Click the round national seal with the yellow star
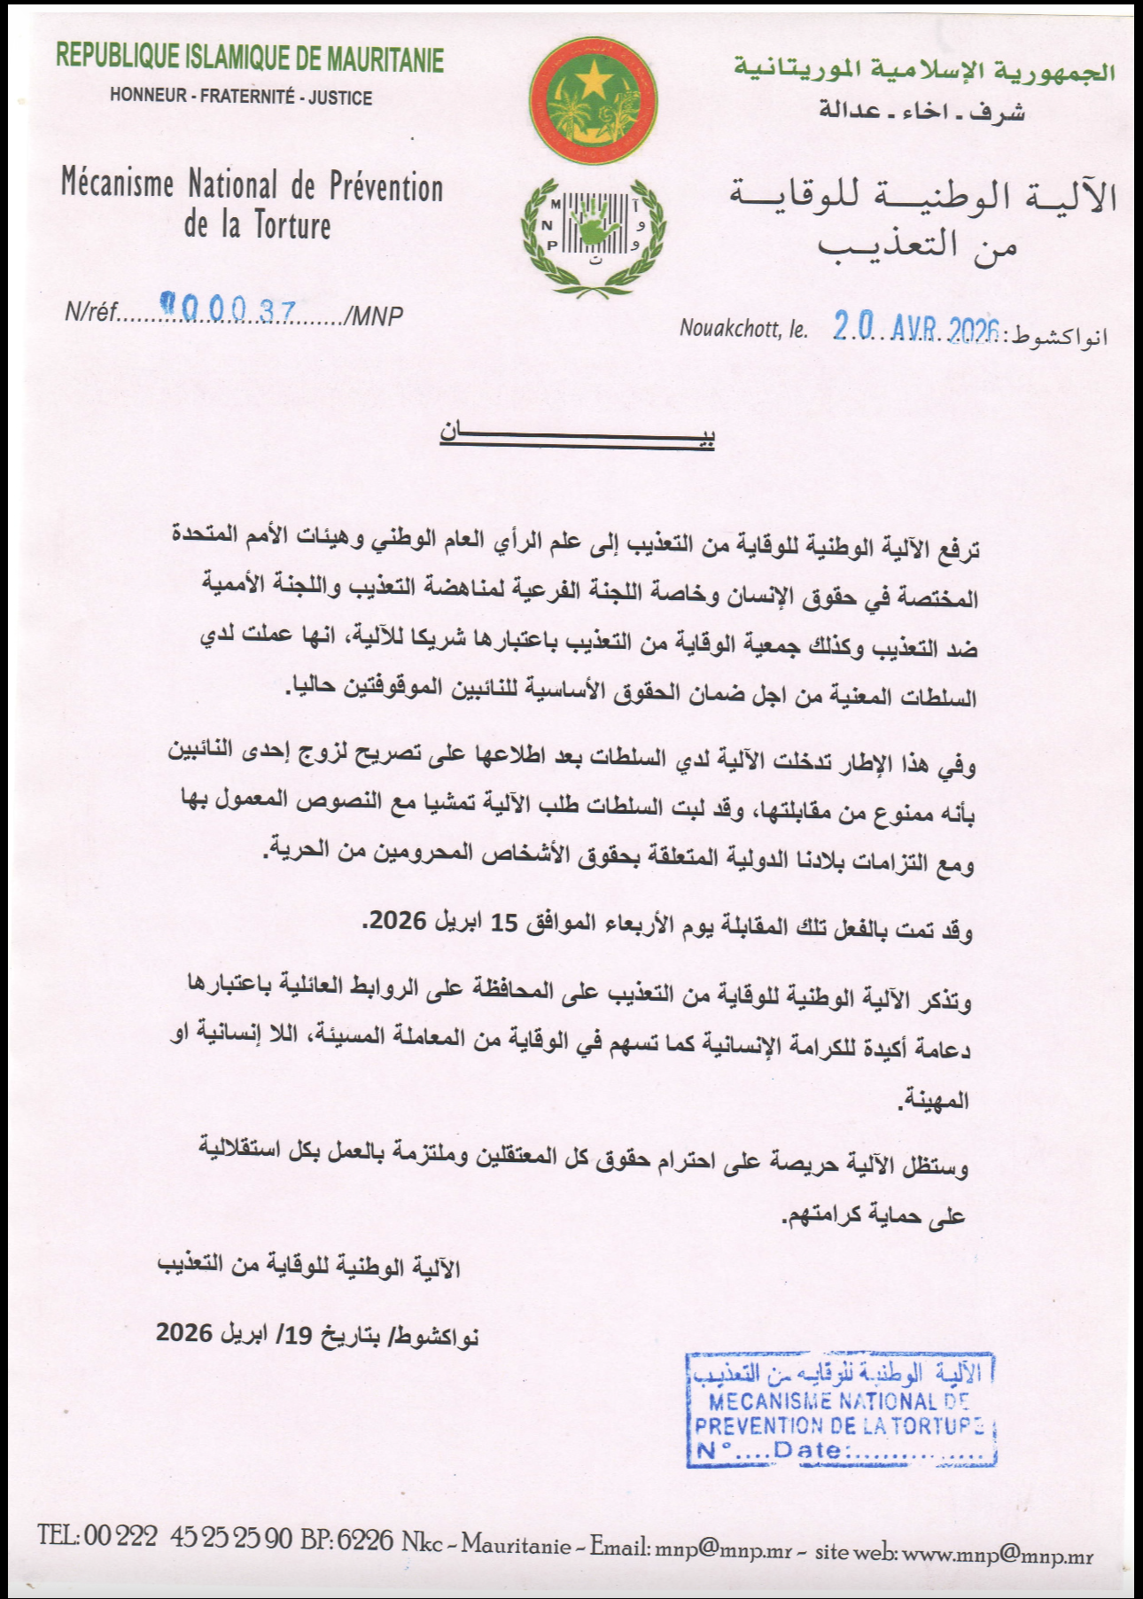[593, 100]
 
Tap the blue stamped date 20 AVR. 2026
[916, 328]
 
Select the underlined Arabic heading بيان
[577, 434]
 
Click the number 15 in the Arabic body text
[503, 923]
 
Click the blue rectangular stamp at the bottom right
[842, 1409]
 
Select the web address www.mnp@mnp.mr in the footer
[997, 1554]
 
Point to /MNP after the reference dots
[374, 315]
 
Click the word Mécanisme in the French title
[117, 183]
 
